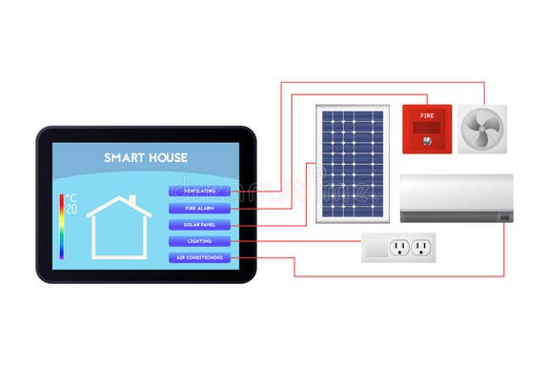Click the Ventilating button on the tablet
(199, 191)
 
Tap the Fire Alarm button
(199, 208)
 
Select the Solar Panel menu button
(199, 225)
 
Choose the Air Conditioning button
(199, 258)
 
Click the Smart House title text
(146, 157)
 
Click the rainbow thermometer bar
(61, 227)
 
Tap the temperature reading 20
(71, 209)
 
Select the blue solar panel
(351, 163)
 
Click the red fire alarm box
(426, 129)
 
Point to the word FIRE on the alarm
(426, 115)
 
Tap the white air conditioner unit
(456, 196)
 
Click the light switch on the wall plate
(376, 248)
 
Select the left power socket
(399, 248)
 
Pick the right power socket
(421, 248)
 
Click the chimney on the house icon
(133, 201)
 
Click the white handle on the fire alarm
(426, 133)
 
